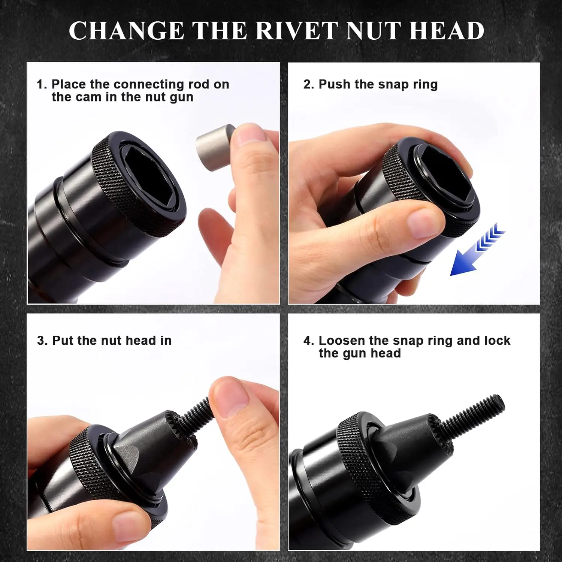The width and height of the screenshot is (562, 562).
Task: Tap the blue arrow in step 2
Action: pyautogui.click(x=476, y=251)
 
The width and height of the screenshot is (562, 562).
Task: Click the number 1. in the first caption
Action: pyautogui.click(x=42, y=85)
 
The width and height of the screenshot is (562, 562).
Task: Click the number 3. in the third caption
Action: pyautogui.click(x=42, y=341)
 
